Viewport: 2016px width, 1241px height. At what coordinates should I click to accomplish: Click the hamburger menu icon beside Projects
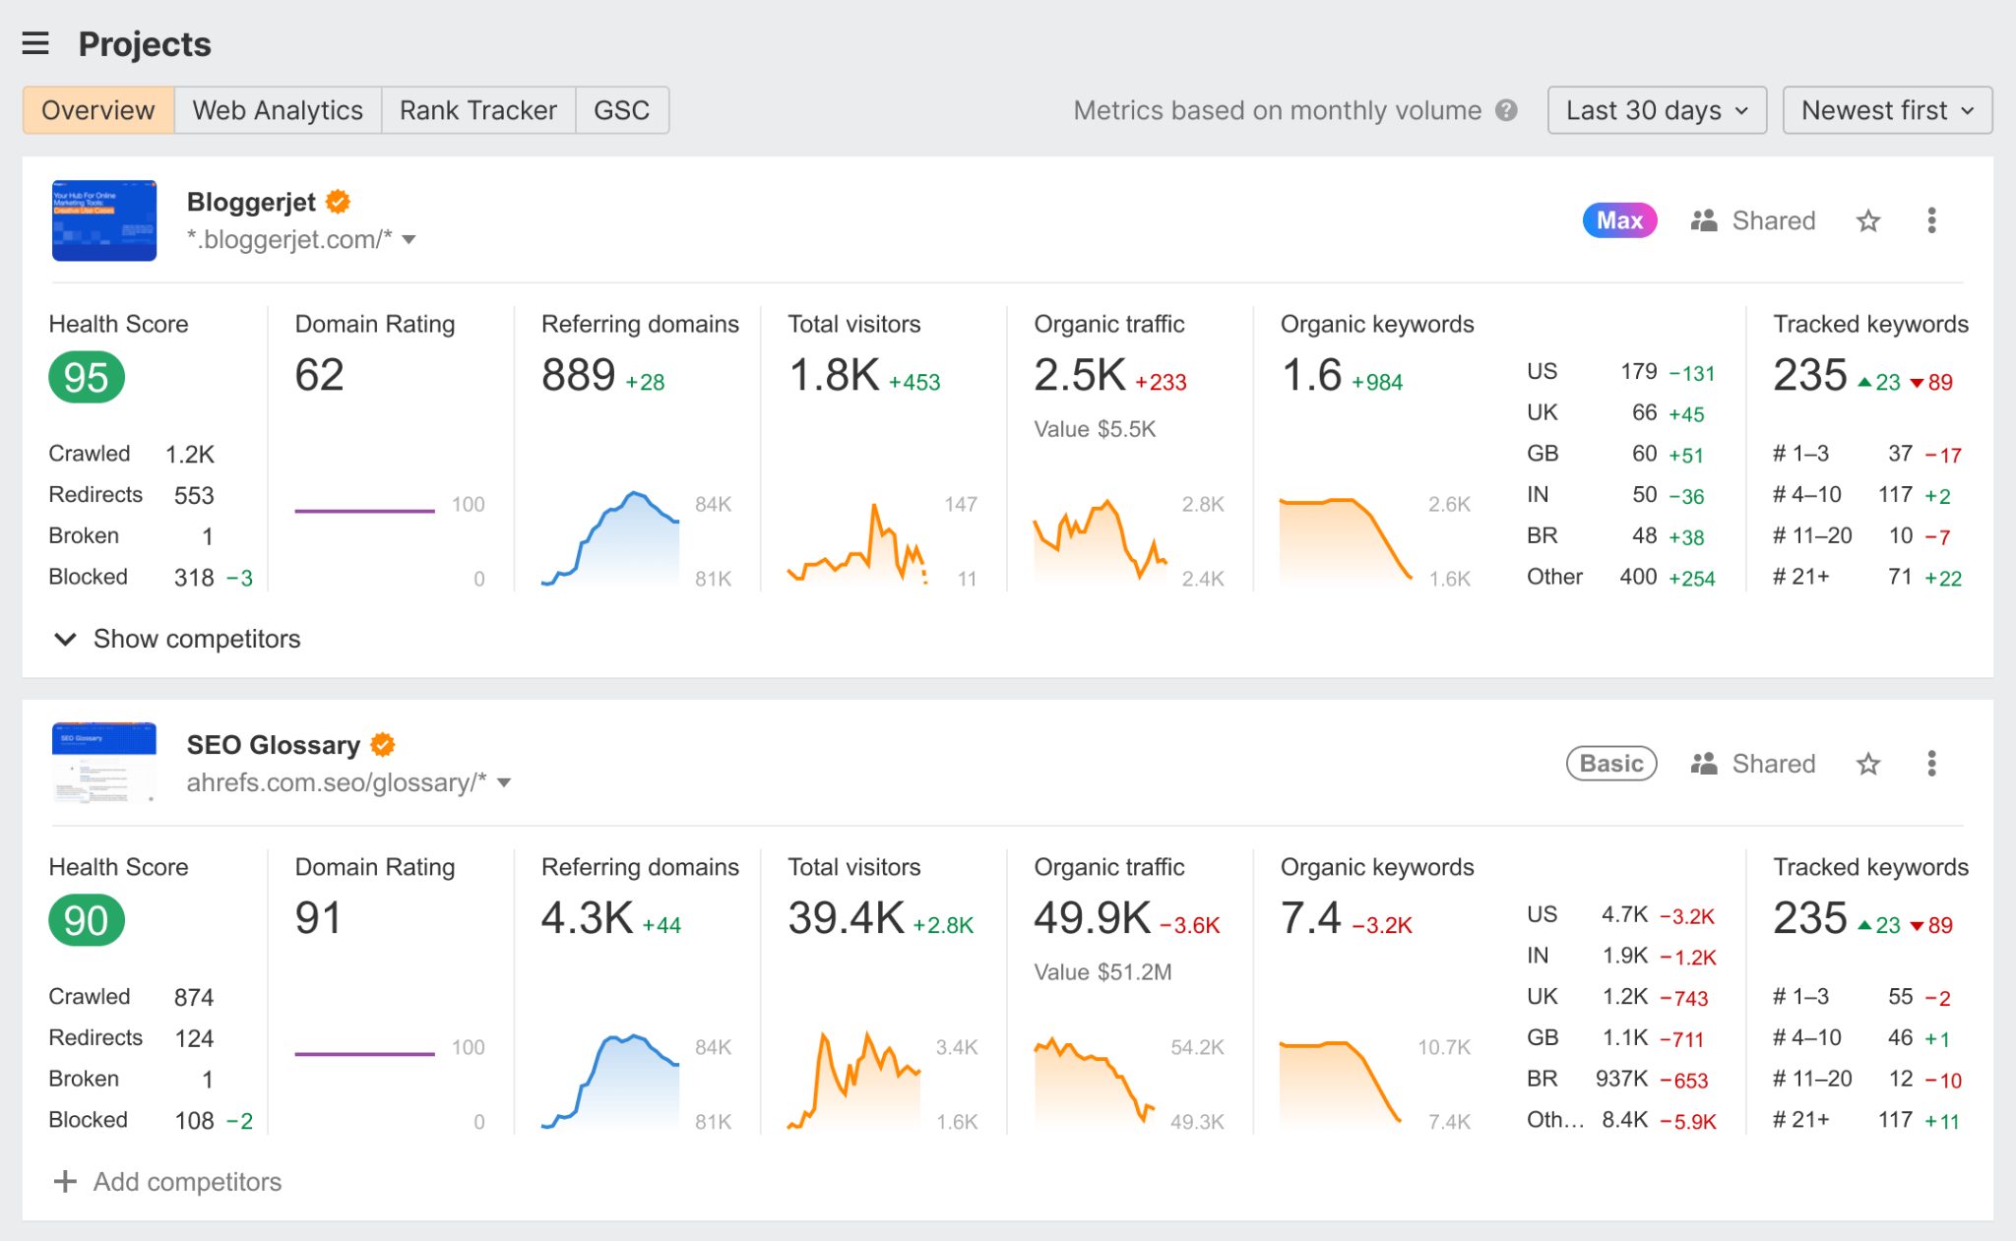(x=35, y=43)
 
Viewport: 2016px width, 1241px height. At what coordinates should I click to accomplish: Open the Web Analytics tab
(x=278, y=110)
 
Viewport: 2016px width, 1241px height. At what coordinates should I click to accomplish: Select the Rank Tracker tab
(x=477, y=110)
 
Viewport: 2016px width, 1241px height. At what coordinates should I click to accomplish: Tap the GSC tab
(x=621, y=110)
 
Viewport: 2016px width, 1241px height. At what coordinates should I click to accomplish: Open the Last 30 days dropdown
(x=1656, y=110)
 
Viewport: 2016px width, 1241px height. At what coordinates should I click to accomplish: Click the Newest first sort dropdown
(x=1886, y=110)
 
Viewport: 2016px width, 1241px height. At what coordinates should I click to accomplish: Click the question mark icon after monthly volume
(x=1506, y=110)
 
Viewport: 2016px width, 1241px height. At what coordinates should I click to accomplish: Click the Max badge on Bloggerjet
(x=1619, y=220)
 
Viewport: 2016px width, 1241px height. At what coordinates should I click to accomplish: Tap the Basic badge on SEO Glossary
(x=1611, y=764)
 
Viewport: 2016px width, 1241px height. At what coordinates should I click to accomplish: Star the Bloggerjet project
(x=1867, y=220)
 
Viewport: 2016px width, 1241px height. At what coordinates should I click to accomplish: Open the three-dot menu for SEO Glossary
(x=1931, y=764)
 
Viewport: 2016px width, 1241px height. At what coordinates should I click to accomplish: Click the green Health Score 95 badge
(x=87, y=378)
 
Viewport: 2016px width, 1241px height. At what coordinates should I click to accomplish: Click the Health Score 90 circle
(x=87, y=921)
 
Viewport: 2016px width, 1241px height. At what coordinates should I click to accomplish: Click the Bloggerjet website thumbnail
(x=104, y=220)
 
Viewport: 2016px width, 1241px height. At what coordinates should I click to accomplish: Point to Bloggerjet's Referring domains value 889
(x=578, y=376)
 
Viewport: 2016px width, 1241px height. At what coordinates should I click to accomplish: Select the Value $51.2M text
(x=1102, y=972)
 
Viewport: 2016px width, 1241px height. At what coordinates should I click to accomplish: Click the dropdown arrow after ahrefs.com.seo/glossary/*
(x=505, y=783)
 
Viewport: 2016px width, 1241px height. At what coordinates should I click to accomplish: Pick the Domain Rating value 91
(x=318, y=918)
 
